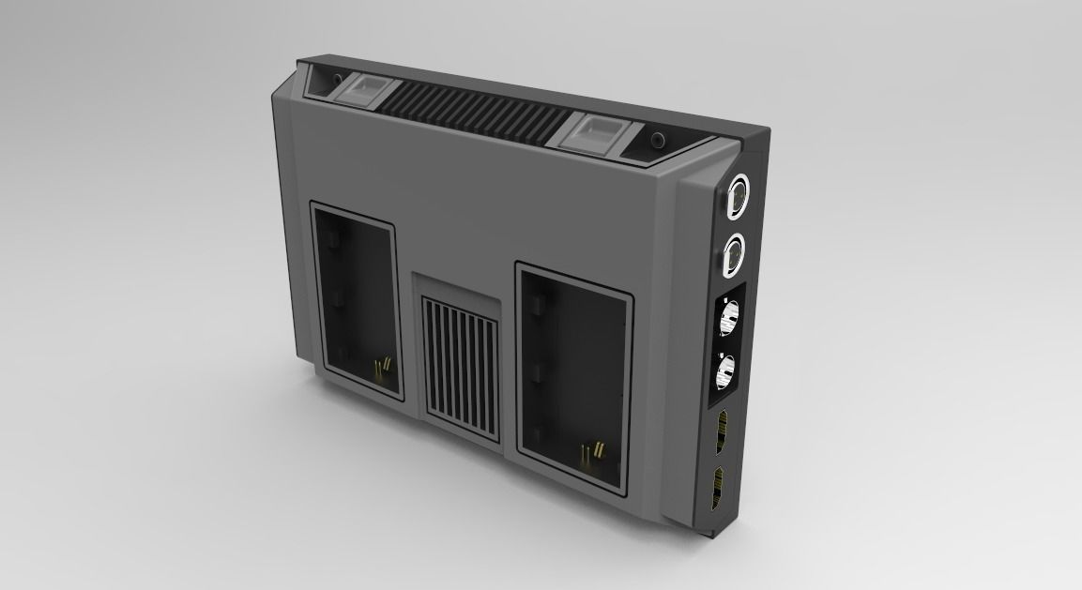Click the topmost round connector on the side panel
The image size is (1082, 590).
tap(738, 196)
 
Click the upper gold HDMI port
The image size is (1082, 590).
tap(723, 428)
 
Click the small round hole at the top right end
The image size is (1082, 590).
tap(658, 142)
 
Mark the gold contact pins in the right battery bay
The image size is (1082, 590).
tap(589, 455)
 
